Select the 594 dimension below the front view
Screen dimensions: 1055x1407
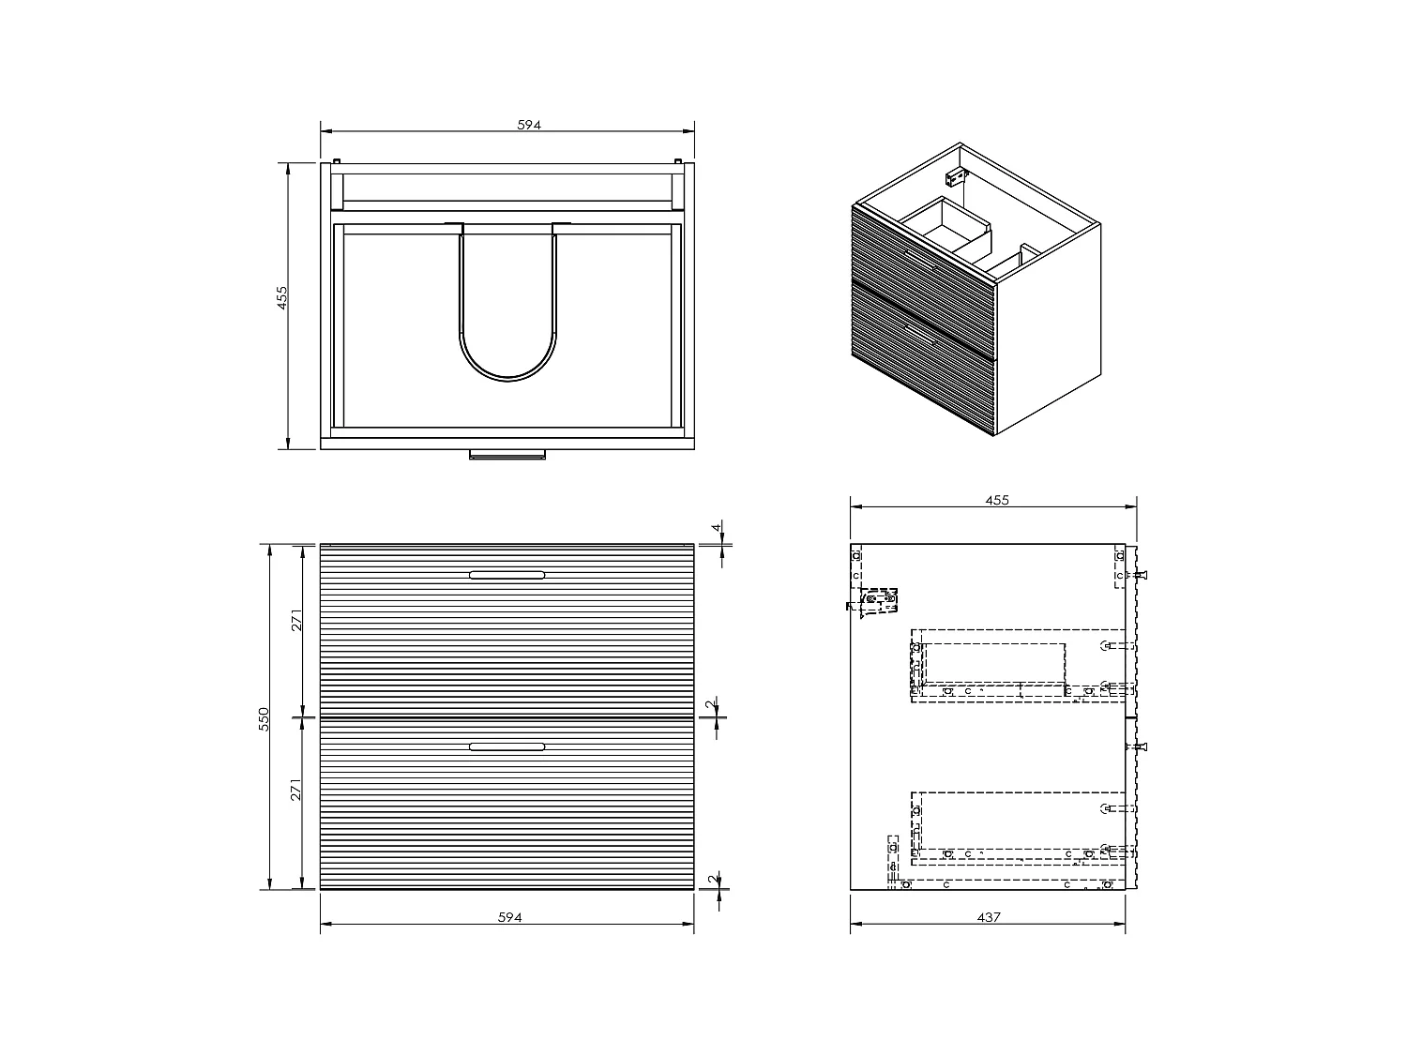508,917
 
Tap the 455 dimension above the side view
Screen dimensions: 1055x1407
997,500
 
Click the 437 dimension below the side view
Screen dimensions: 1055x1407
989,917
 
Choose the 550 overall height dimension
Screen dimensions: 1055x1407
265,717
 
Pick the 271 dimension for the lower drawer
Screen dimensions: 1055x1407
296,790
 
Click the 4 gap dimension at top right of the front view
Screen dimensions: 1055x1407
718,528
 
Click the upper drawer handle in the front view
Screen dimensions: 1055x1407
507,575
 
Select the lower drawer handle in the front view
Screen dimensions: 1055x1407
507,746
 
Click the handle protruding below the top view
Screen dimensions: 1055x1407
507,456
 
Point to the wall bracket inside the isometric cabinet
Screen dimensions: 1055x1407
955,176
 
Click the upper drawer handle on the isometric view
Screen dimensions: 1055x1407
922,260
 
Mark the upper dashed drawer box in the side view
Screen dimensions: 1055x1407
1018,665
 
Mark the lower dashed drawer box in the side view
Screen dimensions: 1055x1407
1018,825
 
